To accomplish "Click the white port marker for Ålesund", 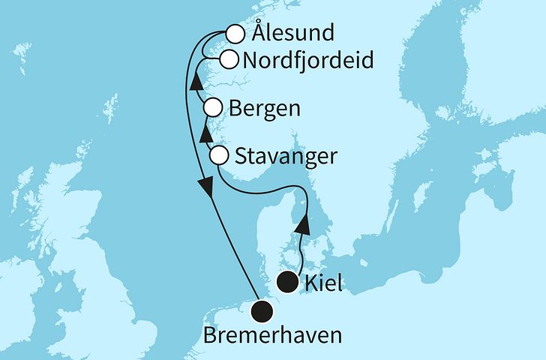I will click(235, 34).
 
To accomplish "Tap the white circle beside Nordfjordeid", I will click(229, 59).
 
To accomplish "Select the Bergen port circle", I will click(213, 107).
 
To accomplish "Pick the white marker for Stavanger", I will click(219, 156).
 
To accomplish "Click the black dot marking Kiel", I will click(286, 283).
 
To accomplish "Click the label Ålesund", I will click(283, 34).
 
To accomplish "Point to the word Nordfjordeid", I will click(307, 60).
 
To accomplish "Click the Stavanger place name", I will click(286, 157).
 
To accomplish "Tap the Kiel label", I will click(323, 283).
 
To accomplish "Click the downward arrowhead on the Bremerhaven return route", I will click(203, 187).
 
